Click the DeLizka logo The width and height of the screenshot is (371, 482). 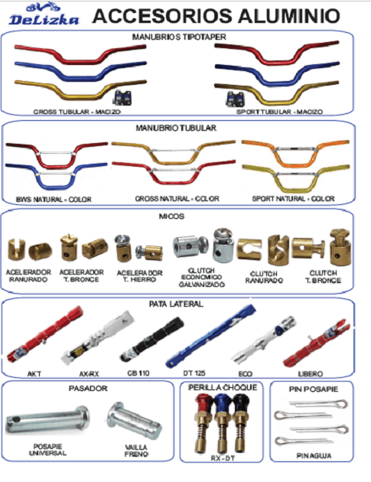[44, 15]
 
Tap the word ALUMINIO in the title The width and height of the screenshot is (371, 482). [289, 16]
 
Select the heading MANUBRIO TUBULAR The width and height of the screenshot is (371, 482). [176, 128]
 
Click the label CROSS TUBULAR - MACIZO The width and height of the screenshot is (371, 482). [76, 112]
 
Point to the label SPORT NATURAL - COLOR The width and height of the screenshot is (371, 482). [293, 199]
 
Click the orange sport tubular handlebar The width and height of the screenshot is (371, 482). [295, 153]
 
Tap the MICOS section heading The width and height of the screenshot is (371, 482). [171, 217]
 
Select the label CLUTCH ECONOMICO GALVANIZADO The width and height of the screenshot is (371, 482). [201, 278]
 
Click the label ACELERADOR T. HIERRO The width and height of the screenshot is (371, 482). [140, 276]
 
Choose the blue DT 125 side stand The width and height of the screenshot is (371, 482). [210, 336]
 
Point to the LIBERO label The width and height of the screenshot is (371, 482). [310, 374]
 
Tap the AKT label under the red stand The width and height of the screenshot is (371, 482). [34, 374]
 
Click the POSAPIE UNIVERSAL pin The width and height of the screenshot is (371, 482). [47, 419]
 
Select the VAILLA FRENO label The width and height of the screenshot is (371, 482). [136, 451]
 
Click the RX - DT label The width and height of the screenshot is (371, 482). [223, 458]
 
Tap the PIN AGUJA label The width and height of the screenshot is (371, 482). [314, 455]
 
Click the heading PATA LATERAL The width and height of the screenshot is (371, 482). [176, 304]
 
